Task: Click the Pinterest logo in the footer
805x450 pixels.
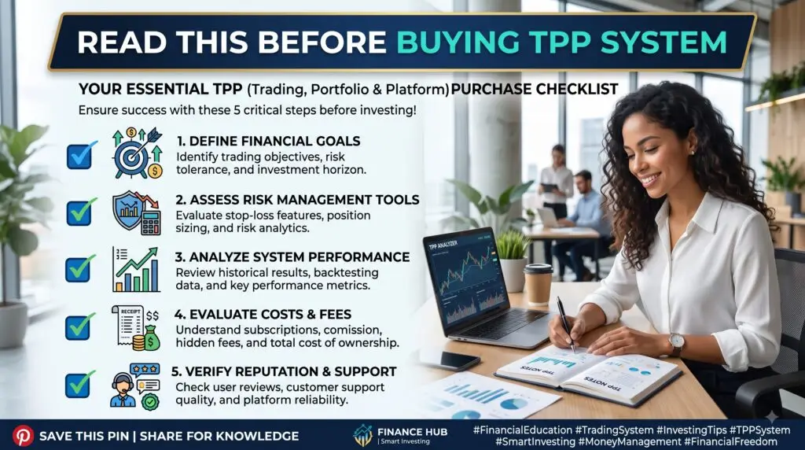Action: (23, 436)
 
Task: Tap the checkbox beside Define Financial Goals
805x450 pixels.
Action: (81, 155)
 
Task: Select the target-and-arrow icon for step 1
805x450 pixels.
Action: (137, 153)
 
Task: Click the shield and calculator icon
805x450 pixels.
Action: (137, 212)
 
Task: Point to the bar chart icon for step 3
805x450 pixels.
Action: (136, 269)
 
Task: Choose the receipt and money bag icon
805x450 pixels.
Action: (136, 328)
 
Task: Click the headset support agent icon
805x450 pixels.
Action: (135, 385)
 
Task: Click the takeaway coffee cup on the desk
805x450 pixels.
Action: (538, 284)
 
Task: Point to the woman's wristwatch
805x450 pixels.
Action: (676, 343)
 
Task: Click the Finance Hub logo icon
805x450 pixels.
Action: (363, 435)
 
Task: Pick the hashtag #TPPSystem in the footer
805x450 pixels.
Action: (760, 430)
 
